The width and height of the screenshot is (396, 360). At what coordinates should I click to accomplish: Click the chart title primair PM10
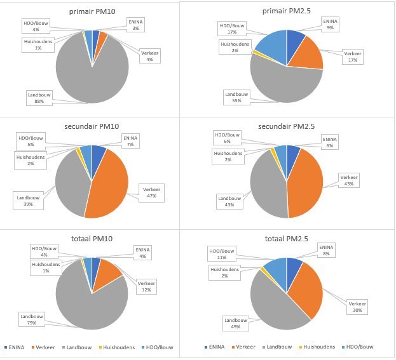[92, 12]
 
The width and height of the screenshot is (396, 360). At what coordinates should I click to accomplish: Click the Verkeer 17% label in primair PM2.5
[352, 57]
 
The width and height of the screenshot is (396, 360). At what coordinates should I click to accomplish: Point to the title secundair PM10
[92, 125]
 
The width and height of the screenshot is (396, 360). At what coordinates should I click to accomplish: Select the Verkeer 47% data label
[151, 192]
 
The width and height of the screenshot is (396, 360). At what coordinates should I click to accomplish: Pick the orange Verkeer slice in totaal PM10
[109, 270]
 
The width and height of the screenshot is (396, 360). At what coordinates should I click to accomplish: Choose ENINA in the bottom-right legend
[215, 347]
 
